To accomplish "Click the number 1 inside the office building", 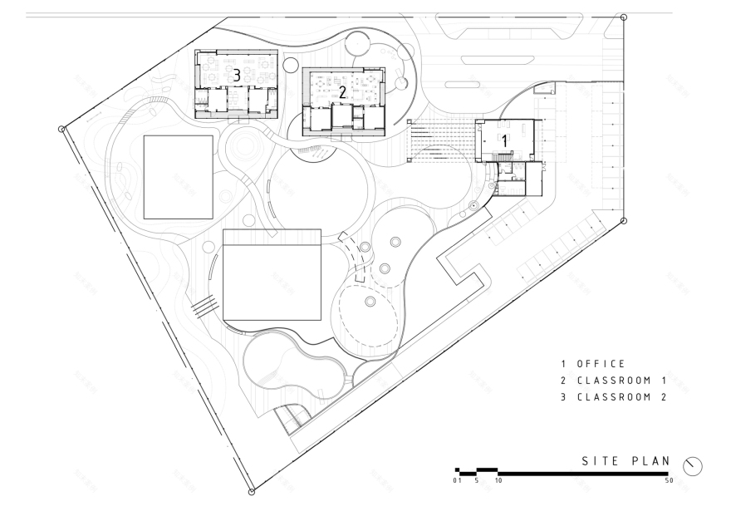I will (504, 141).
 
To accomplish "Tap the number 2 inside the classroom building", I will (341, 92).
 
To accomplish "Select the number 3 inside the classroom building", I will (237, 76).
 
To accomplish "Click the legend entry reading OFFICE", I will (592, 364).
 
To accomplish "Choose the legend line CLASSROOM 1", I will (614, 381).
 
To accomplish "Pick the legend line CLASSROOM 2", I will (614, 397).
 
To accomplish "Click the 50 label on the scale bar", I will (669, 481).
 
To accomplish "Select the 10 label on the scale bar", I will (498, 481).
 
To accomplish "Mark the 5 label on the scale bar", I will (477, 481).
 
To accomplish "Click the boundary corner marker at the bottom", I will (252, 493).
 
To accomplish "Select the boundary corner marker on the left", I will (61, 129).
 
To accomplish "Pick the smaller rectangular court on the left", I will (178, 176).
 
